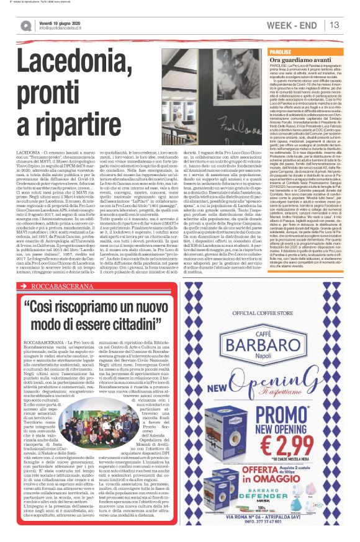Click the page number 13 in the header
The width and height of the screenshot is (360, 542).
pos(334,25)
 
